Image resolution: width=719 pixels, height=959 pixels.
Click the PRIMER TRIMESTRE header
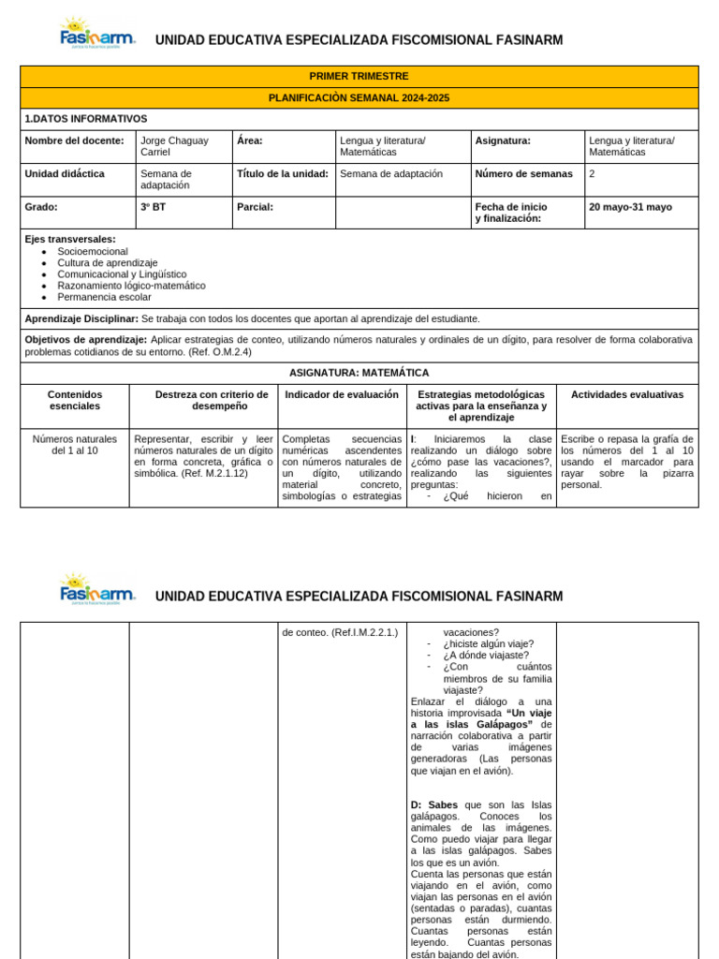pos(359,76)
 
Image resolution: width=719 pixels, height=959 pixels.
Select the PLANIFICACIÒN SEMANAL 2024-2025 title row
pos(359,97)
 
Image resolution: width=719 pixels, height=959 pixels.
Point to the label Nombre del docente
pos(74,140)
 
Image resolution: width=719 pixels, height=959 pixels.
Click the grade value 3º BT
pos(153,207)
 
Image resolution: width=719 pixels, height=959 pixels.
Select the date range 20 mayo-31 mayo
pos(629,207)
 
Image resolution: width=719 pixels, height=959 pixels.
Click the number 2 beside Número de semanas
pos(592,173)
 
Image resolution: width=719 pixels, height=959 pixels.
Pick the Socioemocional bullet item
pos(93,252)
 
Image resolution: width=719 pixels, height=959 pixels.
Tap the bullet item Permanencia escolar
pos(104,297)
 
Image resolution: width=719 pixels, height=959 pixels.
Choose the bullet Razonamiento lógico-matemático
pos(131,286)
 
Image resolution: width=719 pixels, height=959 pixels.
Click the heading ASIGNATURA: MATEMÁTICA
pos(359,373)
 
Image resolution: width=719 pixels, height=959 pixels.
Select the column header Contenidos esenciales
pos(74,400)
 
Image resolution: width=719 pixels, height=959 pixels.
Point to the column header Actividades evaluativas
pos(626,395)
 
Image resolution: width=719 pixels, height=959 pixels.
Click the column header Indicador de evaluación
pos(342,395)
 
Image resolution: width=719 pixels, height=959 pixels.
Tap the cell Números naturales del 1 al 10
pos(74,444)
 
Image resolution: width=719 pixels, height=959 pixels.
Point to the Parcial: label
pos(255,207)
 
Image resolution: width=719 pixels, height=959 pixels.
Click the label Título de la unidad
pos(282,173)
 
